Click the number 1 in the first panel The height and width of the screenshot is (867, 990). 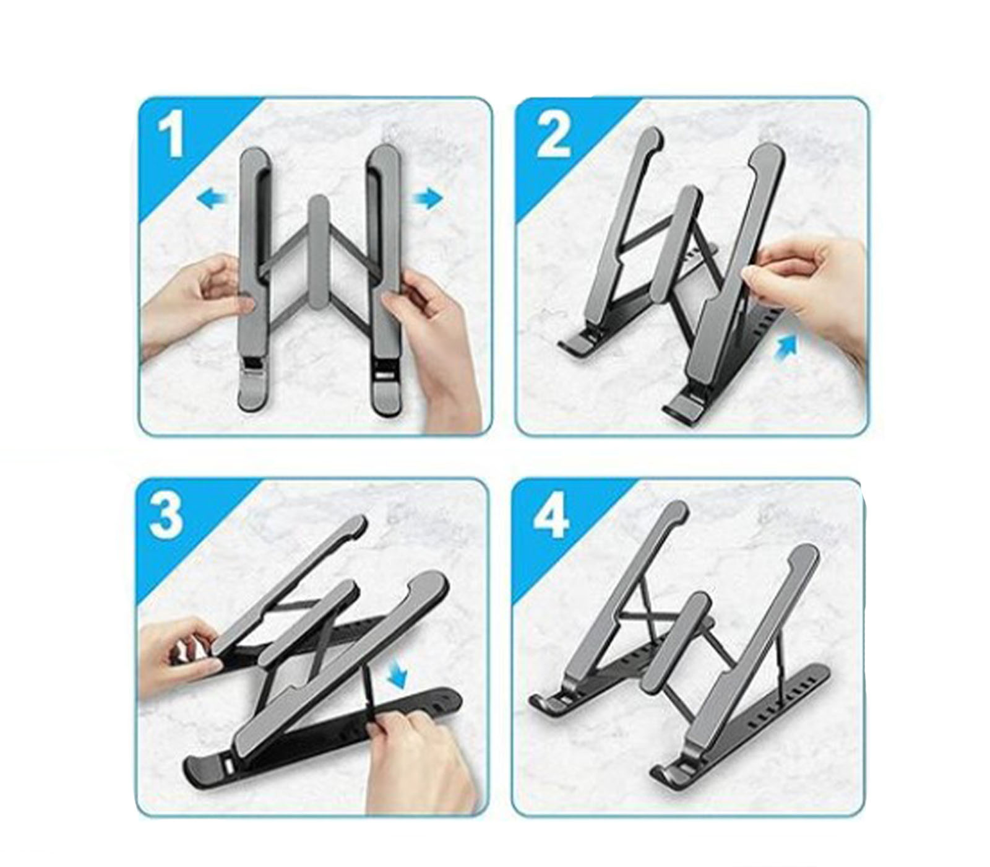pos(171,137)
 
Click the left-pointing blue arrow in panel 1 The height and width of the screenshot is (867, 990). pos(212,199)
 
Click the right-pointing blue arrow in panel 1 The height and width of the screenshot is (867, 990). pos(428,199)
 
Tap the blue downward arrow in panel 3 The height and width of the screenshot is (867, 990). pos(396,674)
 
